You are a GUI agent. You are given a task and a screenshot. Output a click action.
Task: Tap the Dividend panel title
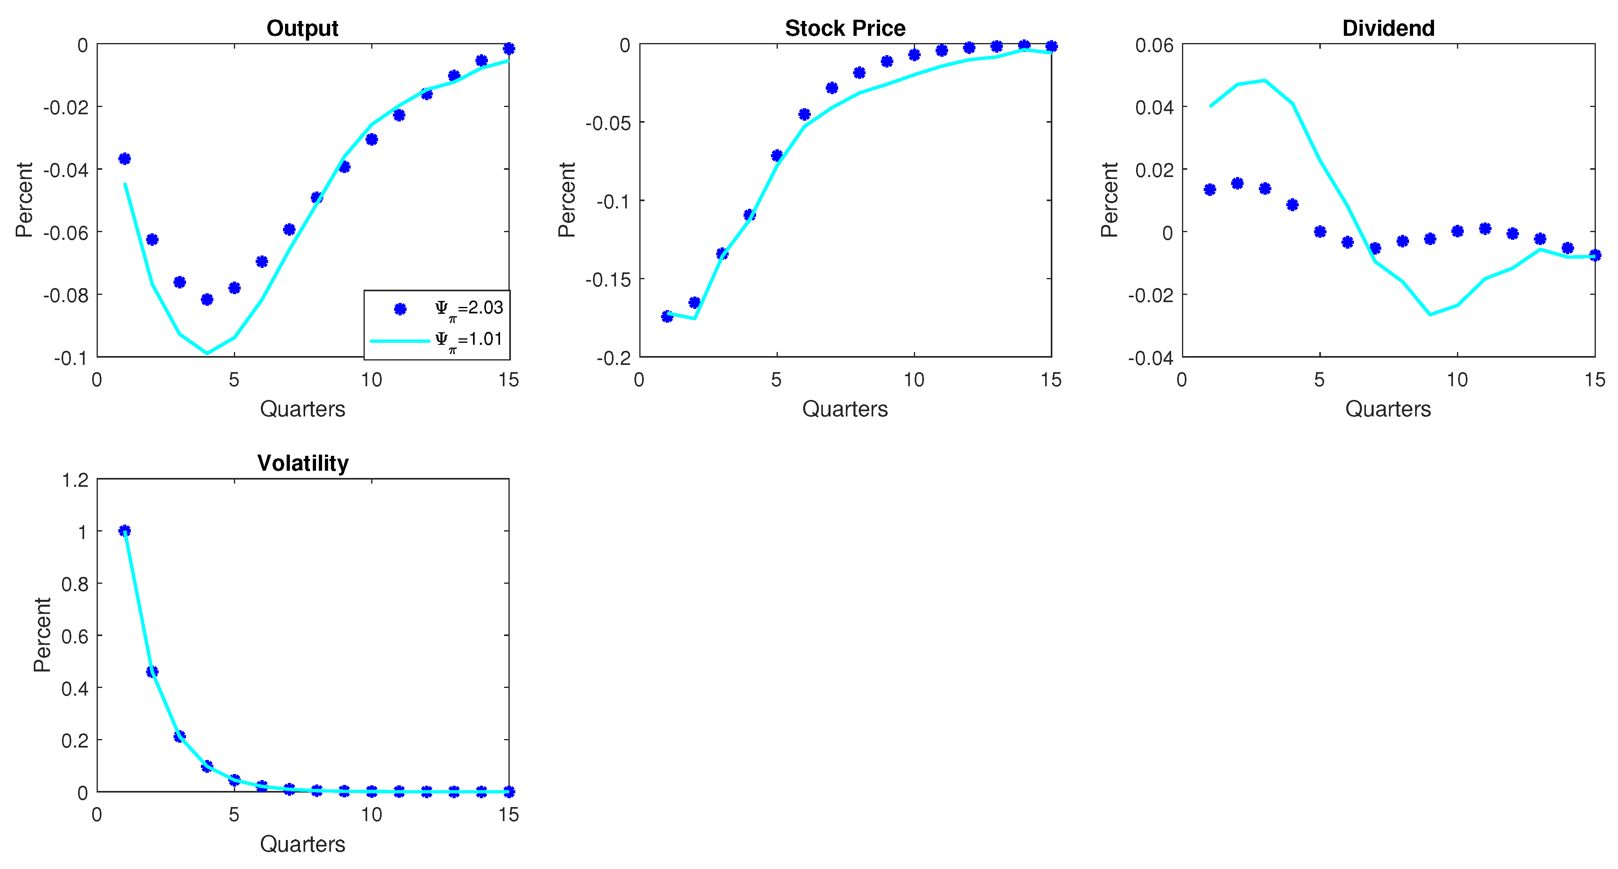click(1388, 28)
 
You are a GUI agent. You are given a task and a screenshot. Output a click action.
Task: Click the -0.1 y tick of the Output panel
click(70, 358)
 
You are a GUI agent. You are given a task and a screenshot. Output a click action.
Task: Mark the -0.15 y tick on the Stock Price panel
click(608, 280)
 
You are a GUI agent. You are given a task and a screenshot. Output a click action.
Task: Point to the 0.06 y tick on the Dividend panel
click(1154, 45)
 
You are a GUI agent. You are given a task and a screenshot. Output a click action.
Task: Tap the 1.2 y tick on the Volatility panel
click(75, 480)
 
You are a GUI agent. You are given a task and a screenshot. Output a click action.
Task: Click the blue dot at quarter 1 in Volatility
click(124, 531)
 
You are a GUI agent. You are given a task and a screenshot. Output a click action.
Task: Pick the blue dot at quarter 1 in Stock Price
click(667, 317)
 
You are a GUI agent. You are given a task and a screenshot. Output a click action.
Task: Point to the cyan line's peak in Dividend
click(1265, 80)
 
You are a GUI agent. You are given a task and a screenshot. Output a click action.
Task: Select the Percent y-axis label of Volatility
click(42, 635)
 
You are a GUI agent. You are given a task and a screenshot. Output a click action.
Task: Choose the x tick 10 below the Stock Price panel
click(914, 380)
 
